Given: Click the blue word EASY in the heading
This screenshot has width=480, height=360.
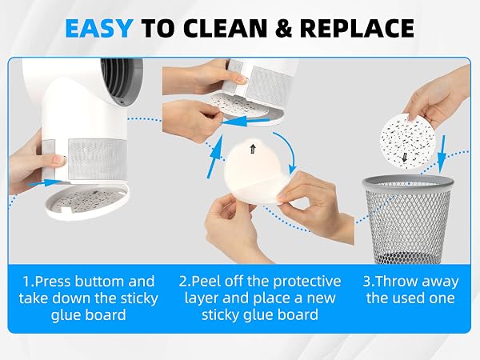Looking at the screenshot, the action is [x=99, y=28].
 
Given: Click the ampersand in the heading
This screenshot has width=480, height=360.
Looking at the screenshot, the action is [x=285, y=28].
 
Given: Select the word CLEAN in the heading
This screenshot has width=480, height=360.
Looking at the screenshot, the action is [x=226, y=28].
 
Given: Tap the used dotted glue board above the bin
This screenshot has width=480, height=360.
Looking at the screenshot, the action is [x=408, y=140].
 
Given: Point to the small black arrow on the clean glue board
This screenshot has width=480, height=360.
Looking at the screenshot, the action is [x=253, y=149].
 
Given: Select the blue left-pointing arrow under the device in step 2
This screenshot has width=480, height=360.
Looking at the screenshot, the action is [x=244, y=122].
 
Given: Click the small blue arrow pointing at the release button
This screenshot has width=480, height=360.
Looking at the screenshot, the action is [x=45, y=183].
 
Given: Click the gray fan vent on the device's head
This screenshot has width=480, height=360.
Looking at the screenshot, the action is [x=122, y=82].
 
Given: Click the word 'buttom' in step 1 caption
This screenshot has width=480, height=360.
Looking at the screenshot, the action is [x=100, y=282].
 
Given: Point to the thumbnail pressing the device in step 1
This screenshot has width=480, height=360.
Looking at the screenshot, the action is [x=59, y=160].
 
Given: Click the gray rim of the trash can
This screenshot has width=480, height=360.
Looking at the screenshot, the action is [x=408, y=181].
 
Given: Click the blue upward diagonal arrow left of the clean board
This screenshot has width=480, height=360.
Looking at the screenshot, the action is [x=215, y=157].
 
